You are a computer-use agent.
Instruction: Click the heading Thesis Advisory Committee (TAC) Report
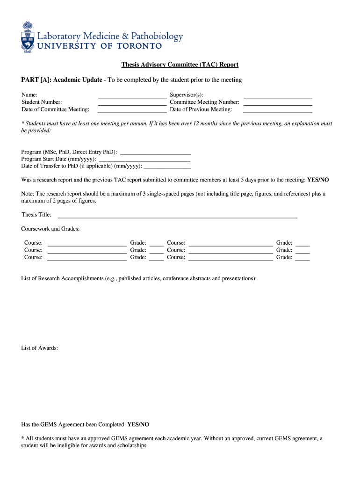(x=180, y=65)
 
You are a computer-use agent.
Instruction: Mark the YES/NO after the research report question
(x=318, y=180)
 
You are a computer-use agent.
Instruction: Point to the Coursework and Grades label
(x=50, y=229)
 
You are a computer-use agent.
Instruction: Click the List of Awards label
(x=40, y=348)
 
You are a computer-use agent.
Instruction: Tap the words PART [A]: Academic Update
(x=62, y=80)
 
